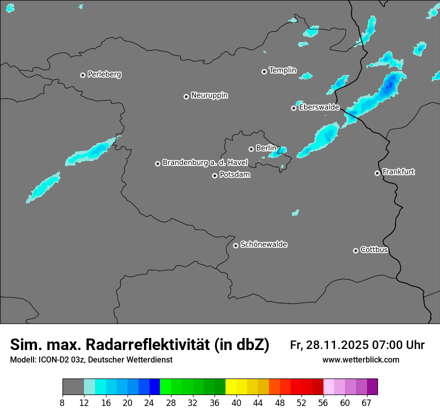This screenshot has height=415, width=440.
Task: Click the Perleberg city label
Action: click(104, 74)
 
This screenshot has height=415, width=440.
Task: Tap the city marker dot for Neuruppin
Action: click(186, 96)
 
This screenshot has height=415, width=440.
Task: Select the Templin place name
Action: click(282, 70)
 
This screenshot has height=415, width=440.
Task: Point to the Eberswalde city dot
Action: click(294, 108)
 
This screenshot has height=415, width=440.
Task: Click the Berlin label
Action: click(266, 148)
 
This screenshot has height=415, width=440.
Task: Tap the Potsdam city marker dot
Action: click(214, 175)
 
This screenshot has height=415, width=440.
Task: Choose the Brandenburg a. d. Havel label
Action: click(205, 162)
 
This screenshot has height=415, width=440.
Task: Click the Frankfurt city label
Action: click(398, 172)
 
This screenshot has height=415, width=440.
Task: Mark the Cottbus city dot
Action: click(355, 250)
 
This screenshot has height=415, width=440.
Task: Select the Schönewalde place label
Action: click(263, 244)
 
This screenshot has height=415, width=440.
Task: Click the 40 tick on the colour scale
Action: click(236, 402)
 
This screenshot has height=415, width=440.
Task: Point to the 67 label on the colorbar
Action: click(366, 402)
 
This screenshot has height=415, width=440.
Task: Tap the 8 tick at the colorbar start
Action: click(62, 402)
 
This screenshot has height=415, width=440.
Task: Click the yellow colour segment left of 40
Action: click(231, 387)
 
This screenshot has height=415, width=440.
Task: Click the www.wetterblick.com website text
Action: click(360, 359)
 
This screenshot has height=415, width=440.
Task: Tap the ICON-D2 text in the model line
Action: click(50, 359)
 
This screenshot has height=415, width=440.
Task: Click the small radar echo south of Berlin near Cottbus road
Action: click(295, 212)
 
